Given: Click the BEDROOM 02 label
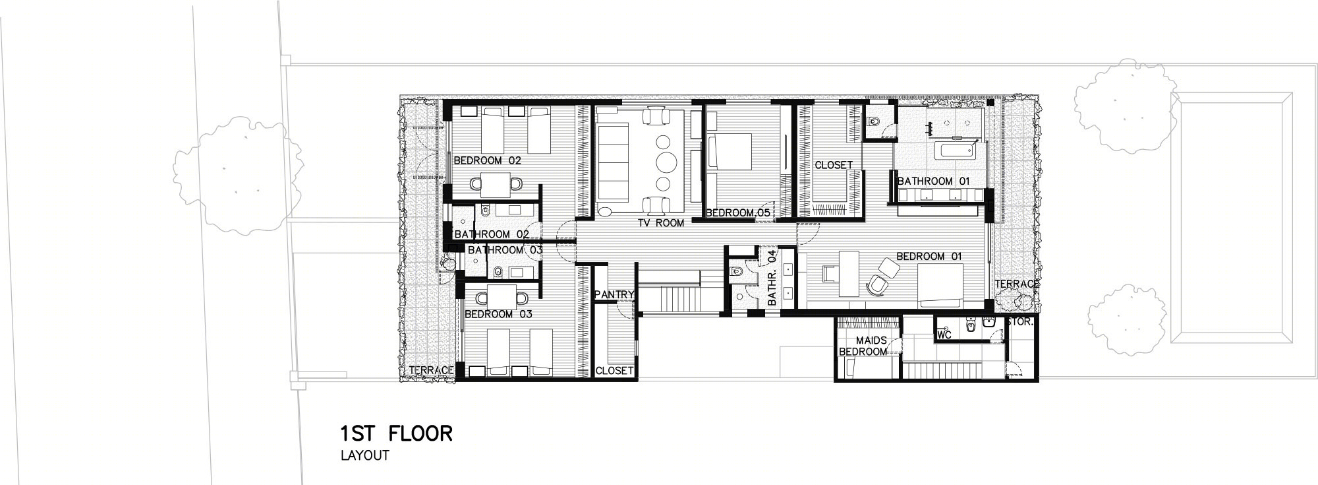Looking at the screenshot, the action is (487, 160).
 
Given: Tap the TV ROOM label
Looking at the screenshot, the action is (660, 223).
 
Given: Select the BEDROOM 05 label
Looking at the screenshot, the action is (738, 212).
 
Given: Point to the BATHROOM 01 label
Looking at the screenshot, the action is (933, 181).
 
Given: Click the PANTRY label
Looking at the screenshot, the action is (614, 295).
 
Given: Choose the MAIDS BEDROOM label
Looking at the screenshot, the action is (863, 346).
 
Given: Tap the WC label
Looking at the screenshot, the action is (944, 335).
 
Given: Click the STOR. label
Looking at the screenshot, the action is (1021, 323).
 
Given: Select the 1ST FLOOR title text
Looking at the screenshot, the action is (396, 434).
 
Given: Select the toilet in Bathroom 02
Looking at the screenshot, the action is (484, 212).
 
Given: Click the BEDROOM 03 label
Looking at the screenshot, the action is (498, 314).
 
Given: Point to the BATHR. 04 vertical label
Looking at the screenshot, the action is (773, 277).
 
